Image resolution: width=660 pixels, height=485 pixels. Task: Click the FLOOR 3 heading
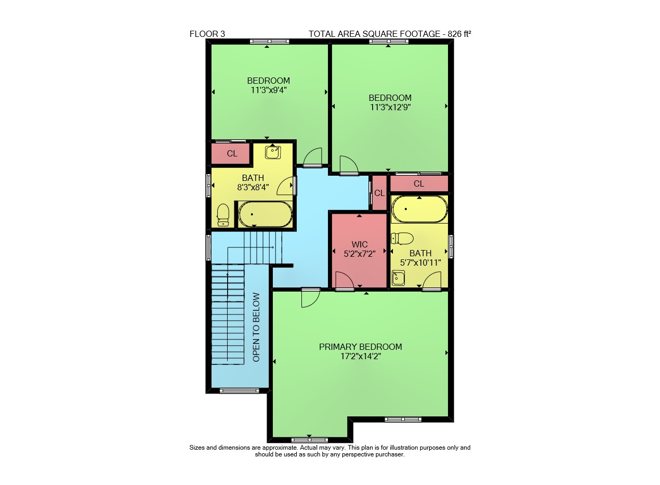click(207, 34)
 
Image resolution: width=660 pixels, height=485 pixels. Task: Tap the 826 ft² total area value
click(459, 34)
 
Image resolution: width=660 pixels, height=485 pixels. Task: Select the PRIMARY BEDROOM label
click(360, 347)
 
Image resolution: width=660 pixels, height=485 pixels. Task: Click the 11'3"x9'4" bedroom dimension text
click(269, 90)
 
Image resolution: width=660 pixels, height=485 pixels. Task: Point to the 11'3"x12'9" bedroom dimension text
click(390, 107)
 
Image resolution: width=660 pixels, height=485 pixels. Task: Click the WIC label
click(360, 244)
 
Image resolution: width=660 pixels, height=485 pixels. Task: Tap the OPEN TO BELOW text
click(256, 327)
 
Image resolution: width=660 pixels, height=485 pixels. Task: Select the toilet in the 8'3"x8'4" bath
click(223, 215)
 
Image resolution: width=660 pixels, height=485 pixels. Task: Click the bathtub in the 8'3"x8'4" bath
click(265, 214)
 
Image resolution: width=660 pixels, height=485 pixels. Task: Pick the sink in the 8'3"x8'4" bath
click(272, 152)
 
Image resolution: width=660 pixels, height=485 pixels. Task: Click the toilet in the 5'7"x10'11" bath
click(402, 239)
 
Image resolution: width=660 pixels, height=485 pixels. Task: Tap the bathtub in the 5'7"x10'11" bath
click(419, 209)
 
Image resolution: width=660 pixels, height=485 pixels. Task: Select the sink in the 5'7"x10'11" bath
click(398, 278)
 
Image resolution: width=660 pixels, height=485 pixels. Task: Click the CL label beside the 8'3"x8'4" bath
click(232, 153)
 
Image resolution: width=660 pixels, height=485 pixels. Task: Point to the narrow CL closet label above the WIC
click(379, 193)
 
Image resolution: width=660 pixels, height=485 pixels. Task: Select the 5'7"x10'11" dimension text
click(420, 263)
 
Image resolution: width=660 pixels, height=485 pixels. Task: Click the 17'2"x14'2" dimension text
click(361, 356)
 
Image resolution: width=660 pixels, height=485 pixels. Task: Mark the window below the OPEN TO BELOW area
click(239, 391)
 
